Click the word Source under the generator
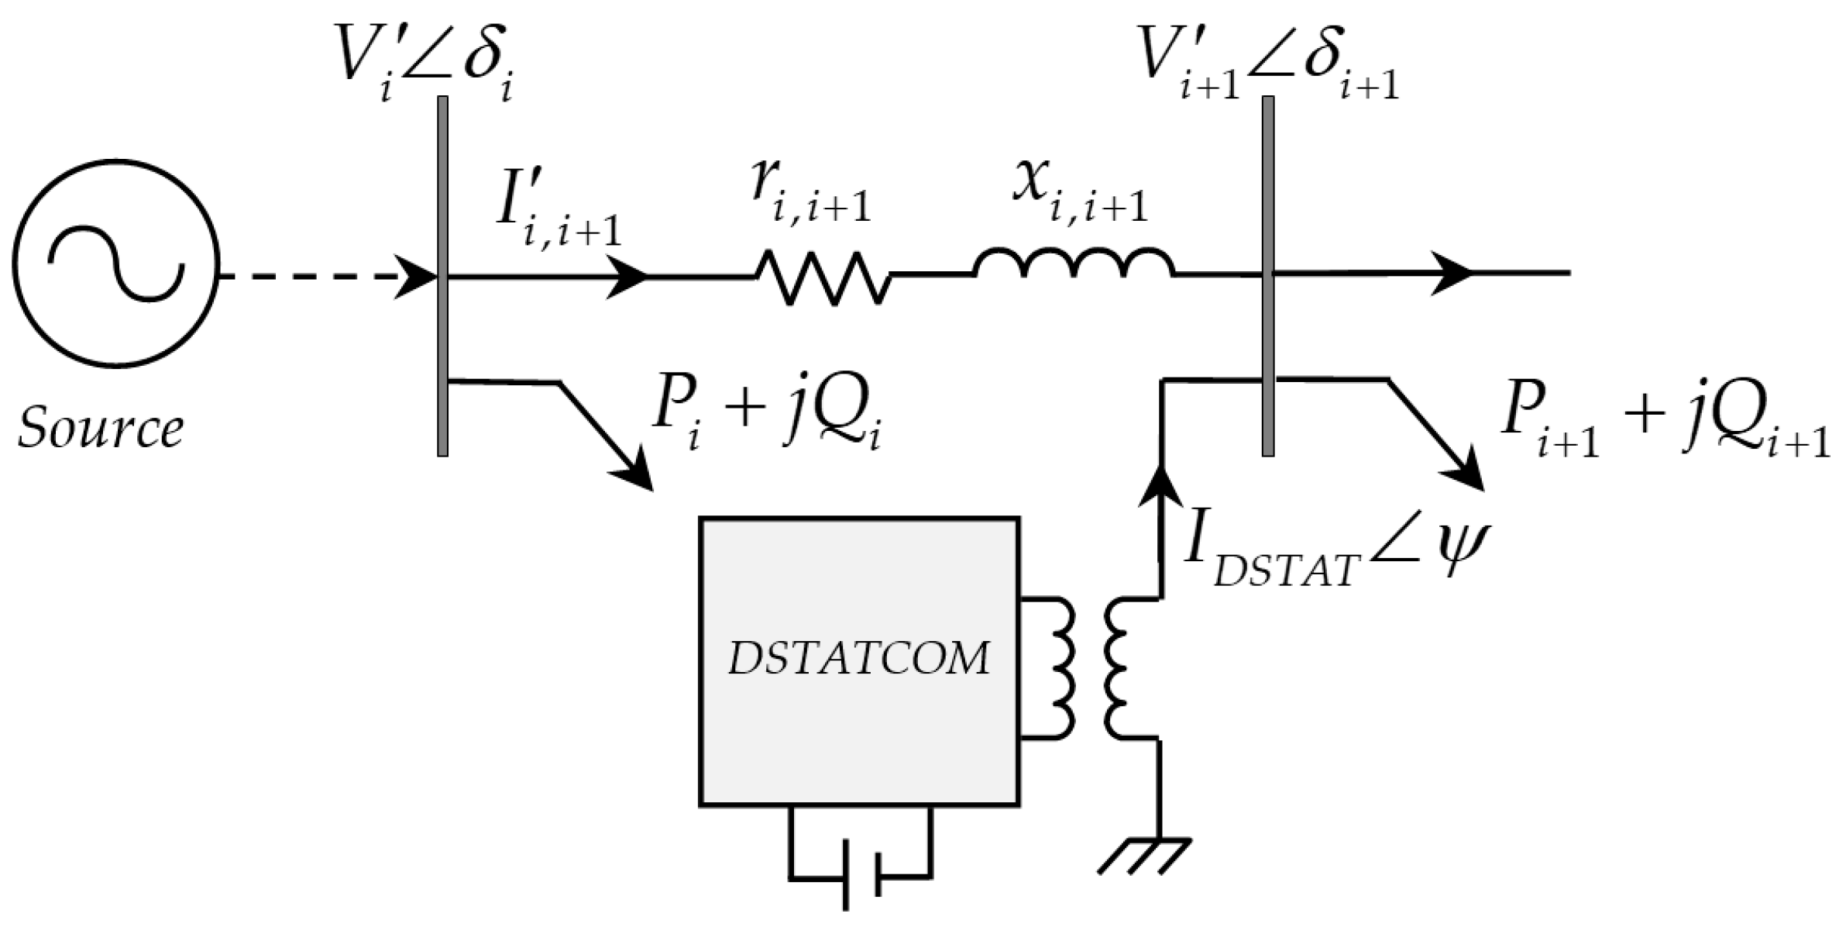101,429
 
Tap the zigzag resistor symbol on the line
823,276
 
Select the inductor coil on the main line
1074,264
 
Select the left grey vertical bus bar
442,276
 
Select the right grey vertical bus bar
1268,276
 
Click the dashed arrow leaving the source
325,276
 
